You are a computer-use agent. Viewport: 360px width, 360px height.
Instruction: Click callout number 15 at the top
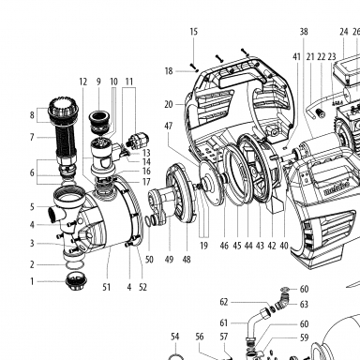194,32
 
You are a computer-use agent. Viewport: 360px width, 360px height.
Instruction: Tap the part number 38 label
304,32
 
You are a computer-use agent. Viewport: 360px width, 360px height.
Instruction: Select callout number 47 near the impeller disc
169,126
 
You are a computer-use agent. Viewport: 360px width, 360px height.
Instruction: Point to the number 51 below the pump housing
107,287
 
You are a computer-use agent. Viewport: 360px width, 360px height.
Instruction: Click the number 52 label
142,287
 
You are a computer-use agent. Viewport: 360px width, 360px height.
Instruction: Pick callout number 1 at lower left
32,281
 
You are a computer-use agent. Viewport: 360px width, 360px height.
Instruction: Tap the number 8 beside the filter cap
32,115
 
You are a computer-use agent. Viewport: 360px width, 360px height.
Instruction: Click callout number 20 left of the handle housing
169,104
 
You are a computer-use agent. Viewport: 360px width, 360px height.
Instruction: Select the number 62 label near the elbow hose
224,302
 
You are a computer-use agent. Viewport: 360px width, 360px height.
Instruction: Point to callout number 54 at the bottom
175,337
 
